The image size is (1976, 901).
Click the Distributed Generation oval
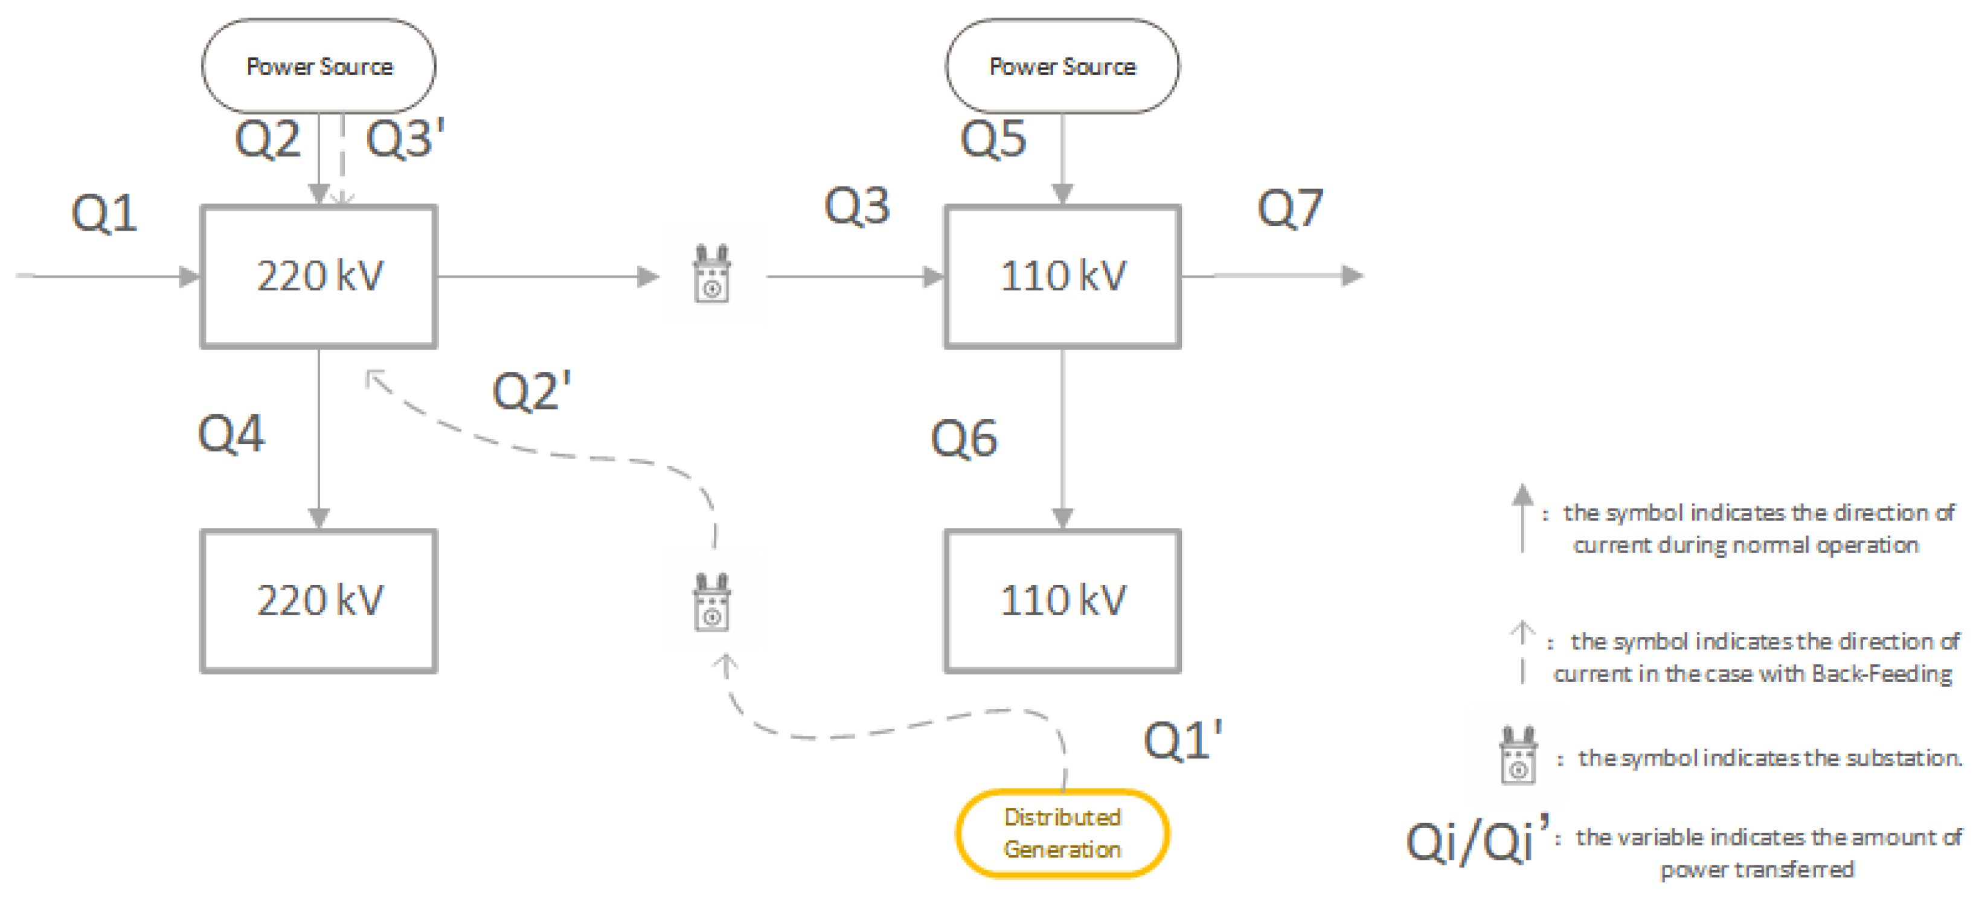pyautogui.click(x=1062, y=833)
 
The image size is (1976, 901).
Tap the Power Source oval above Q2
pyautogui.click(x=319, y=66)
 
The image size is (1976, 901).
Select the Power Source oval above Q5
pyautogui.click(x=1062, y=66)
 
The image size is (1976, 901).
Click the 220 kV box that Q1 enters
pyautogui.click(x=319, y=276)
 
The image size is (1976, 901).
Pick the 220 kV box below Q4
pyautogui.click(x=319, y=600)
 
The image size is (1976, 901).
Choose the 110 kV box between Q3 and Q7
pyautogui.click(x=1062, y=276)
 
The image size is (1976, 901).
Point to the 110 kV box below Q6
pyautogui.click(x=1062, y=600)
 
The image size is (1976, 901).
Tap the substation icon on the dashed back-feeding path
pyautogui.click(x=712, y=603)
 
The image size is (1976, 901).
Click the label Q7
pyautogui.click(x=1289, y=208)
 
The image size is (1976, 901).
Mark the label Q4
pyautogui.click(x=231, y=434)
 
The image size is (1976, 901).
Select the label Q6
pyautogui.click(x=963, y=438)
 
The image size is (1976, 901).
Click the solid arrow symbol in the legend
pyautogui.click(x=1522, y=517)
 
